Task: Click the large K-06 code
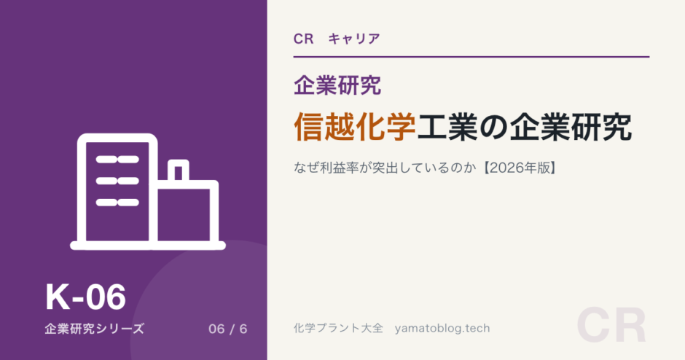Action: pyautogui.click(x=86, y=297)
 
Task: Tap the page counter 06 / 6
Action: pyautogui.click(x=227, y=329)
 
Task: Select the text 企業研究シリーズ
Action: pyautogui.click(x=94, y=329)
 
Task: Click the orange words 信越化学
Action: pyautogui.click(x=355, y=127)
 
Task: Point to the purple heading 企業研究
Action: pyautogui.click(x=337, y=85)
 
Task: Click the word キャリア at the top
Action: pyautogui.click(x=354, y=39)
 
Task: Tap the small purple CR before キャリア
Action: pyautogui.click(x=304, y=39)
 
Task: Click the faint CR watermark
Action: pyautogui.click(x=611, y=326)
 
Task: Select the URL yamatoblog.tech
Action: pyautogui.click(x=442, y=328)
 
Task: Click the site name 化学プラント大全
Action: pyautogui.click(x=338, y=328)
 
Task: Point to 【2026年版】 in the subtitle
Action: pyautogui.click(x=519, y=168)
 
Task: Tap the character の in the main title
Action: pyautogui.click(x=493, y=127)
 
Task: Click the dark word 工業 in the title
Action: pyautogui.click(x=447, y=127)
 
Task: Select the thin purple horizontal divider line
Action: pyautogui.click(x=471, y=57)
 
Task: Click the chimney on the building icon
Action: pyautogui.click(x=179, y=170)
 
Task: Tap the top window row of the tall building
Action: pyautogui.click(x=117, y=160)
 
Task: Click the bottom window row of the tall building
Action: pyautogui.click(x=117, y=203)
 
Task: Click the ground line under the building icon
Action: pyautogui.click(x=148, y=246)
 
